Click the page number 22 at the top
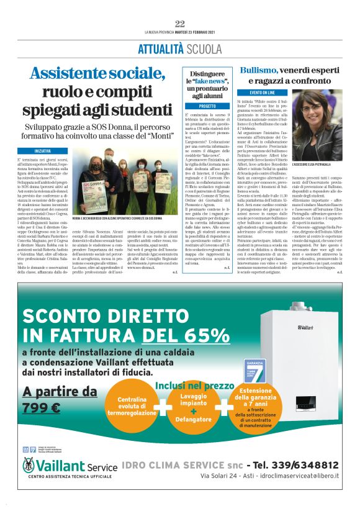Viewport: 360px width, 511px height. [180, 24]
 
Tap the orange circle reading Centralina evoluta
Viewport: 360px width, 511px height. [132, 406]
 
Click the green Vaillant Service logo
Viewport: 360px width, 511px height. [68, 466]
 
